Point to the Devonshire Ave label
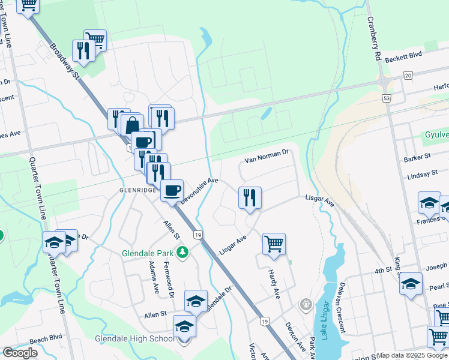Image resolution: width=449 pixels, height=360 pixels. (x=199, y=191)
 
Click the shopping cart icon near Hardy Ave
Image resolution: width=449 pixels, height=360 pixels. (x=274, y=244)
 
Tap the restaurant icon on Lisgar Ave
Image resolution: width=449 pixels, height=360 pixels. (x=250, y=197)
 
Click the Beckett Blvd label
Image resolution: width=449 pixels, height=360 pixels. (x=403, y=58)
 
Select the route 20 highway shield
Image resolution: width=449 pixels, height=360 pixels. (x=408, y=75)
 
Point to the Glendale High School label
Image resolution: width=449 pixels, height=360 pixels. (x=134, y=339)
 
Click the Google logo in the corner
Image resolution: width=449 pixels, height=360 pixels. (x=20, y=353)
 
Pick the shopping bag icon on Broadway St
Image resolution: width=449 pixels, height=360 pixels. (x=132, y=125)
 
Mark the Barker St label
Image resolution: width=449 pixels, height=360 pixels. (x=418, y=157)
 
